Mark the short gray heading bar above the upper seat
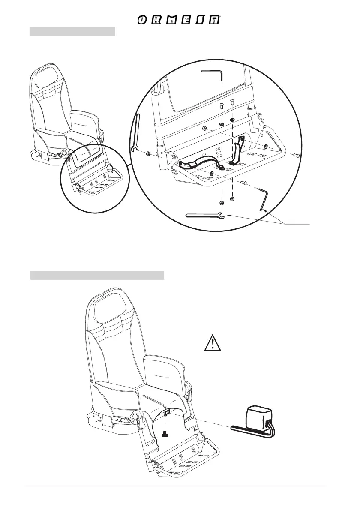point(73,32)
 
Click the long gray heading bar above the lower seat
point(97,275)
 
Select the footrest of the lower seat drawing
point(189,461)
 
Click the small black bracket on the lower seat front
point(167,412)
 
